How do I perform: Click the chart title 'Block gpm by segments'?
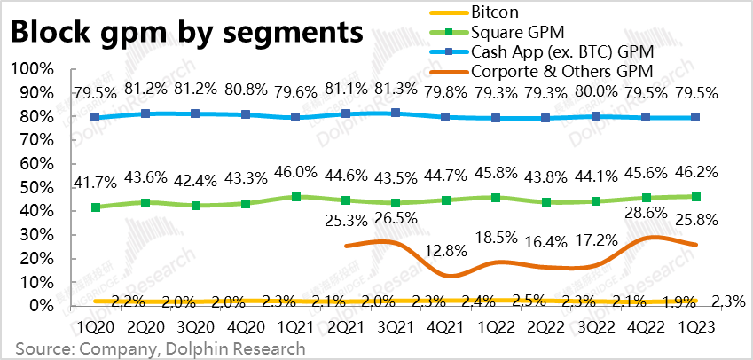coord(186,33)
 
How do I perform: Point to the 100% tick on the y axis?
coord(33,69)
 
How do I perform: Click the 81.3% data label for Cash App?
coord(395,90)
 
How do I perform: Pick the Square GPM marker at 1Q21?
coord(296,197)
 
